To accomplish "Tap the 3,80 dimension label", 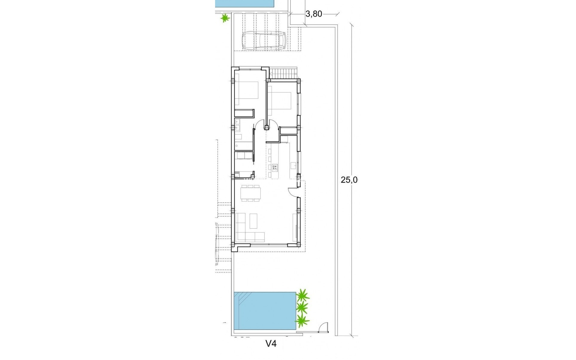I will point(313,14).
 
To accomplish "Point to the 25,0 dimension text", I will point(349,180).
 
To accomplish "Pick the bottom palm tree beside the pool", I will point(302,321).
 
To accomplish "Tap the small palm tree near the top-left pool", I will point(224,19).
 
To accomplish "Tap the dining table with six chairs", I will point(251,193).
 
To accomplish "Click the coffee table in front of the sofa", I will point(254,220).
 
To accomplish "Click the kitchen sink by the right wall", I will point(293,166).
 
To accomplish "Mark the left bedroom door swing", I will point(259,125).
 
